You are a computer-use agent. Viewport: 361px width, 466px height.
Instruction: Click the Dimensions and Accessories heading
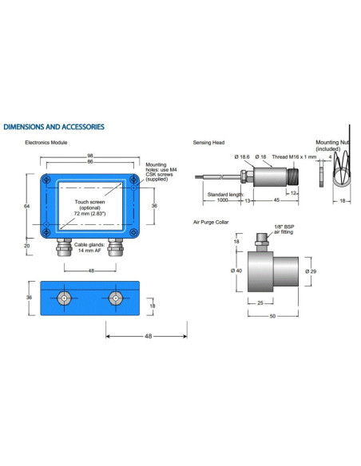[x=54, y=127]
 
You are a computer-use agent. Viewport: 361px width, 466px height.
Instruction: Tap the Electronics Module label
[x=46, y=143]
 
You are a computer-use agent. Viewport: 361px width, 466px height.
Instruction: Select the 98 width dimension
[x=89, y=156]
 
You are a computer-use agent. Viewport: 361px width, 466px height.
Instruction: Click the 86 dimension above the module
[x=90, y=161]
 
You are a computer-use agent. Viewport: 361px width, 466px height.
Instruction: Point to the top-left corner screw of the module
[x=46, y=180]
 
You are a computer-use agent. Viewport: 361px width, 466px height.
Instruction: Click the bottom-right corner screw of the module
[x=134, y=232]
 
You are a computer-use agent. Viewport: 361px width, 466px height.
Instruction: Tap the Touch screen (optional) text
[x=89, y=205]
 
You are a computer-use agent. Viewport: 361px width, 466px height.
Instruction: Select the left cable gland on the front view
[x=64, y=247]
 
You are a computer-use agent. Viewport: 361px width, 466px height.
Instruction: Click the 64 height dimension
[x=27, y=206]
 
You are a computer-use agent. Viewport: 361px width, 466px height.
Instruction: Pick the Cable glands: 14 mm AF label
[x=89, y=247]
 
